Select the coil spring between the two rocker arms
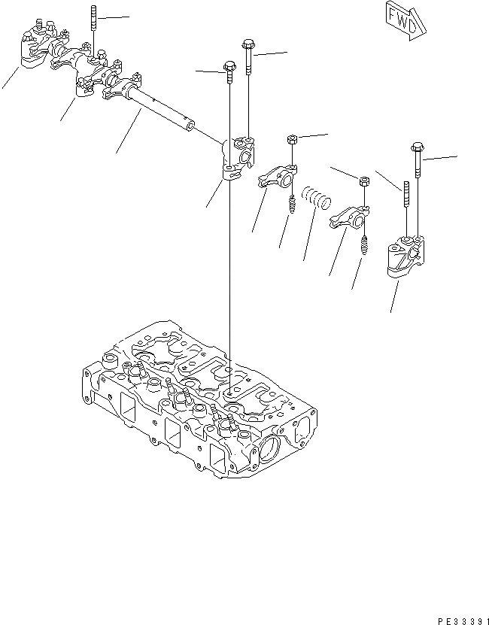click(x=317, y=200)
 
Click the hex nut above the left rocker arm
click(x=292, y=140)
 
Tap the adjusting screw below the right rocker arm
click(x=363, y=245)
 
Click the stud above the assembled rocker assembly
click(x=93, y=26)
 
